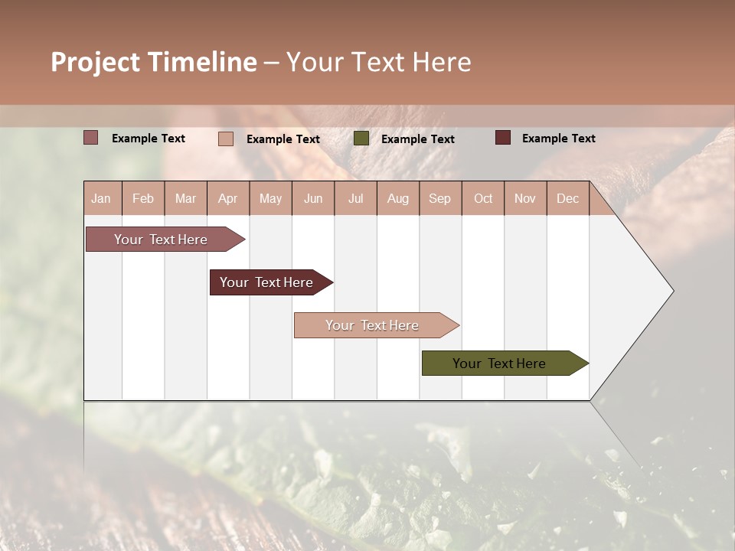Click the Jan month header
tap(102, 198)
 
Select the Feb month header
tap(143, 198)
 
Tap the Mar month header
tap(185, 198)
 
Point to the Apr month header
tap(228, 198)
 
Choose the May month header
tap(270, 198)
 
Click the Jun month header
tap(313, 198)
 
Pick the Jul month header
tap(355, 198)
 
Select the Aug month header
tap(398, 198)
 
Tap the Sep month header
tap(440, 198)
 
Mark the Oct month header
tap(483, 198)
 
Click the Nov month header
tap(525, 198)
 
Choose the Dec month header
tap(567, 198)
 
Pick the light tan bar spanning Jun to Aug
tap(373, 325)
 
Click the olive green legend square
tap(361, 139)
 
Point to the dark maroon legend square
tap(503, 138)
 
